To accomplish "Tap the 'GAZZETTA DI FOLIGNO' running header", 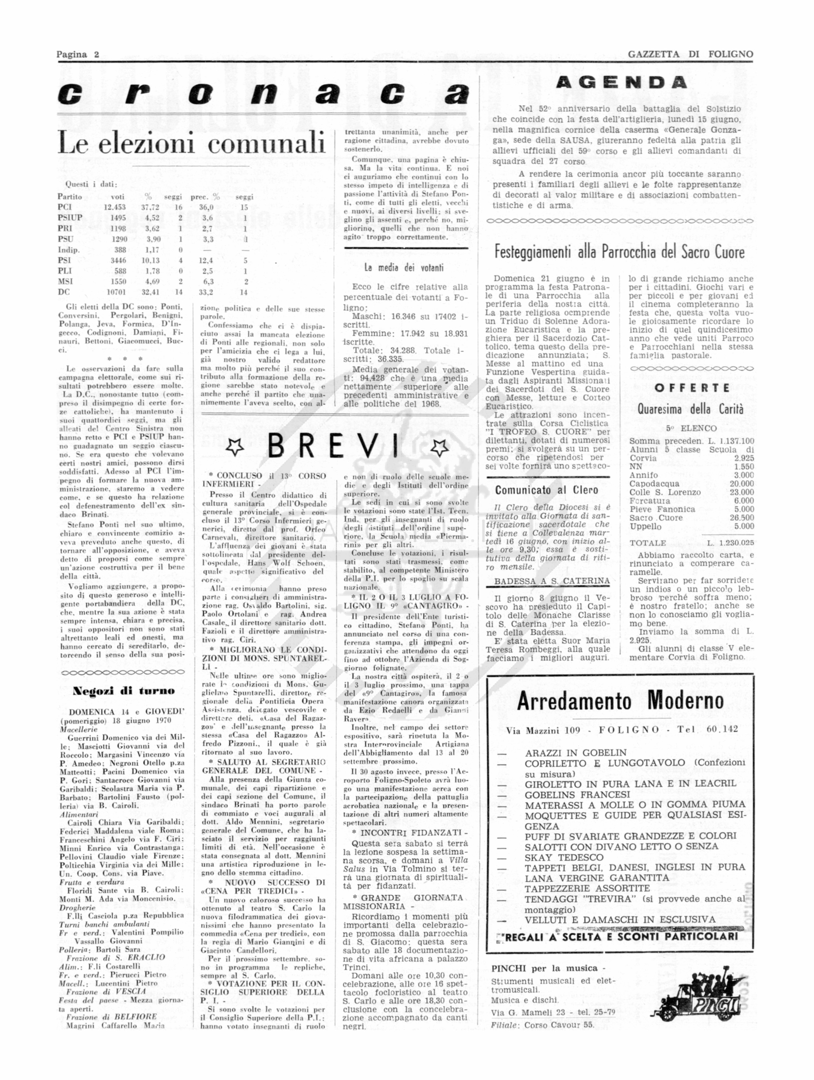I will pyautogui.click(x=690, y=54).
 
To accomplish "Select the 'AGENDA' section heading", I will pyautogui.click(x=621, y=83).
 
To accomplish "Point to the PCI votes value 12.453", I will pyautogui.click(x=115, y=207).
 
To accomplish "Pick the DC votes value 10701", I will pyautogui.click(x=116, y=292).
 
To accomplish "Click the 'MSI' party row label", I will pyautogui.click(x=65, y=281).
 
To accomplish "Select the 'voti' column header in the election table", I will pyautogui.click(x=118, y=197).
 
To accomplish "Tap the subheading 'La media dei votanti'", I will pyautogui.click(x=404, y=268).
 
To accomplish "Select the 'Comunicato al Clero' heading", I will pyautogui.click(x=546, y=490).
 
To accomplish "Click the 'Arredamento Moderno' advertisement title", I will pyautogui.click(x=620, y=702).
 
